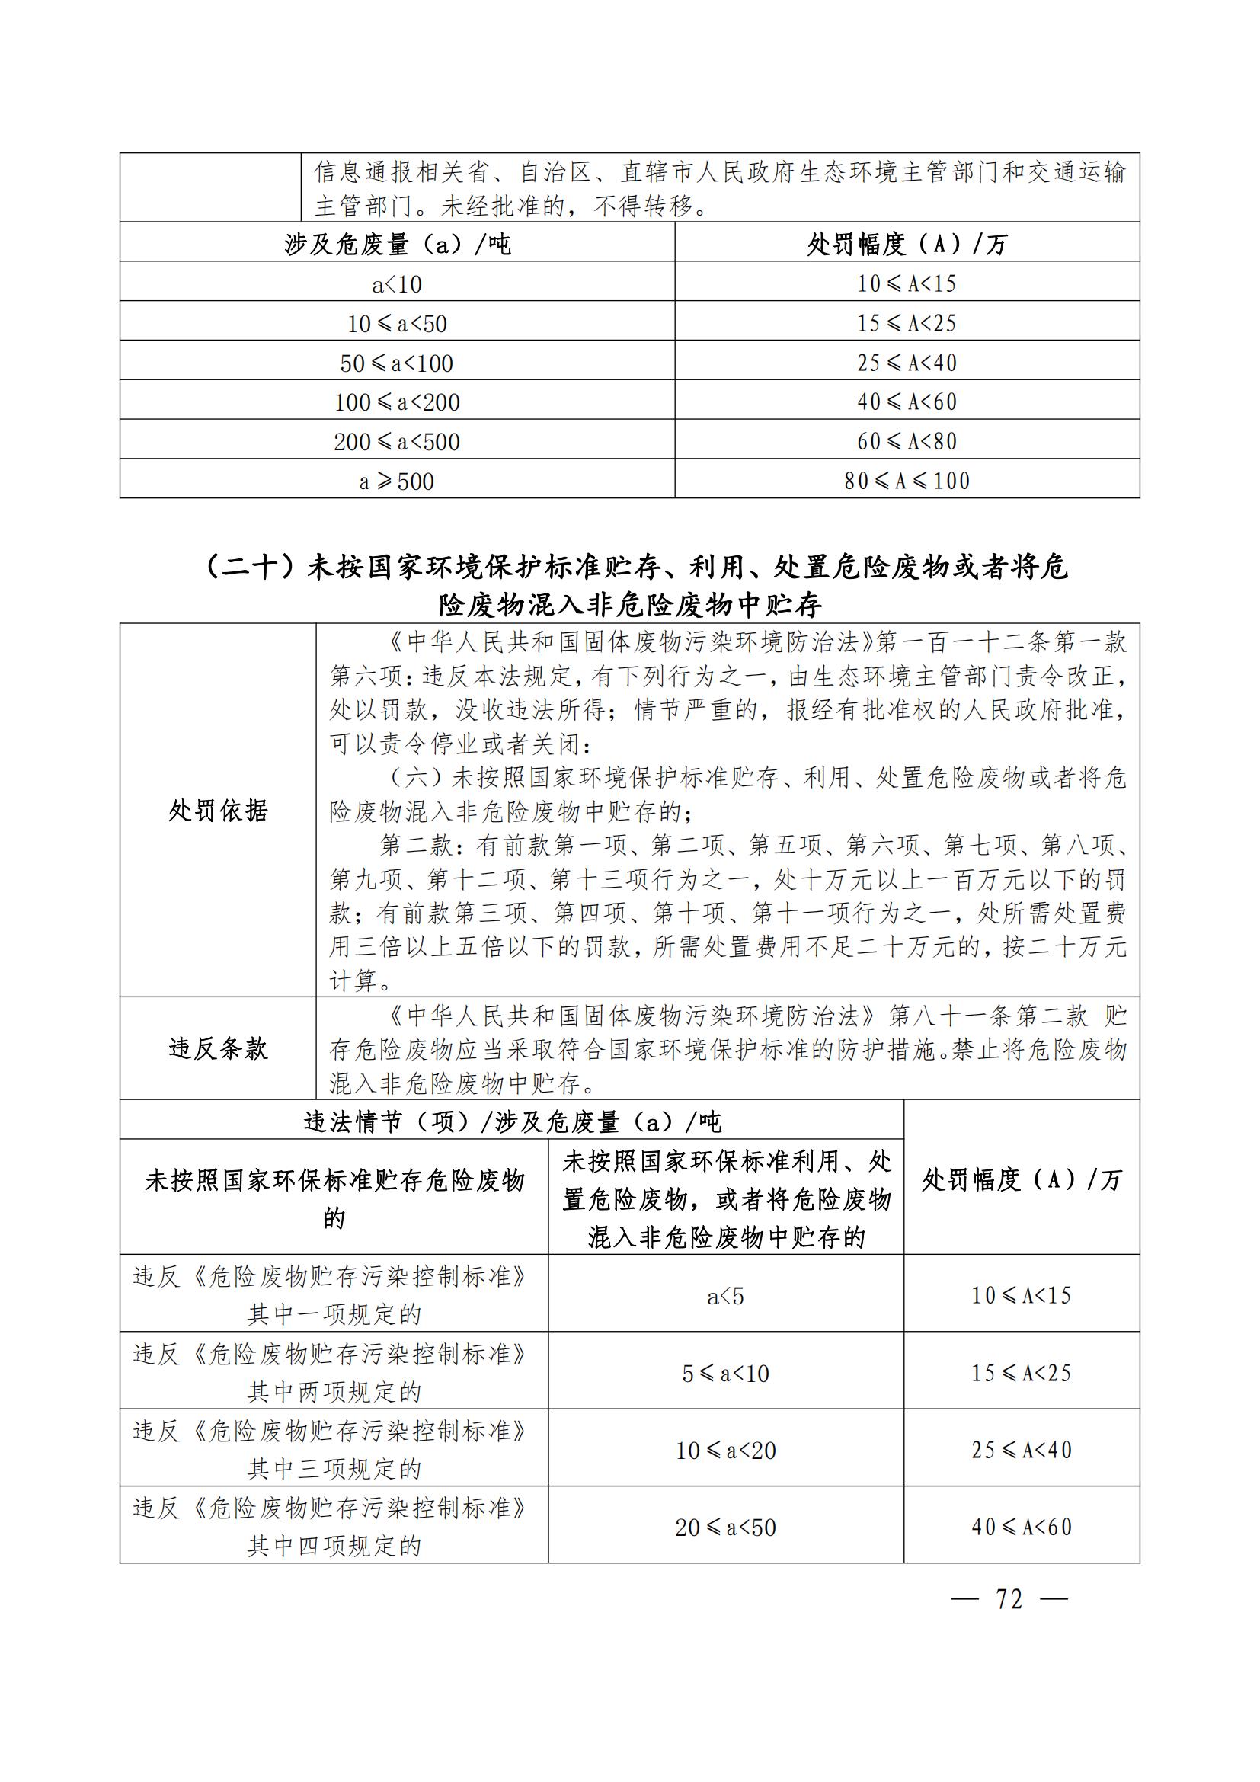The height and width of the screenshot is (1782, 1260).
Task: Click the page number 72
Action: [1009, 1600]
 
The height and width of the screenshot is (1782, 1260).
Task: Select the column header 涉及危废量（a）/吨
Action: [397, 245]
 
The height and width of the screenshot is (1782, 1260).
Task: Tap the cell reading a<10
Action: [397, 284]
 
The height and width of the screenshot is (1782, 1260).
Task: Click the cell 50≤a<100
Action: [397, 363]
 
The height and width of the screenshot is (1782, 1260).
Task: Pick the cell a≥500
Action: [397, 481]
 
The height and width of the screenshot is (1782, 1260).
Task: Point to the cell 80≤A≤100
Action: [907, 481]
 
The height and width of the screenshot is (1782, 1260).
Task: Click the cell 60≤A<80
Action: [907, 442]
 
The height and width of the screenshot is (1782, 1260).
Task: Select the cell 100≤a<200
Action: [397, 402]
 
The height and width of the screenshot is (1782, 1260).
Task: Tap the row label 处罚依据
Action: [218, 811]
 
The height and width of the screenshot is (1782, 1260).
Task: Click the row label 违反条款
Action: [218, 1048]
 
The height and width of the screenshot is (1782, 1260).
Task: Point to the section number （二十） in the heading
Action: [251, 567]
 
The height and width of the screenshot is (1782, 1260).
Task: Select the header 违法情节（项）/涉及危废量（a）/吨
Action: [512, 1121]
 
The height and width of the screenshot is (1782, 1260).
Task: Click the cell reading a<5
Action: [725, 1296]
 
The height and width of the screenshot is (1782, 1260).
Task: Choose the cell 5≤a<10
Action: [725, 1374]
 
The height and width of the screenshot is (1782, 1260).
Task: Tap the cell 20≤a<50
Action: [725, 1528]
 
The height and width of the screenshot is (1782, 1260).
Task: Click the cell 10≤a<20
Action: [725, 1451]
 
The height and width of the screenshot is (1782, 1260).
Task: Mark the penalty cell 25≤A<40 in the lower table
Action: [1021, 1450]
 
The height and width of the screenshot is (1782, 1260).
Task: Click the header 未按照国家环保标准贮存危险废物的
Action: [334, 1199]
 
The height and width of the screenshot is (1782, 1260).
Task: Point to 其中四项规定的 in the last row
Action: [334, 1546]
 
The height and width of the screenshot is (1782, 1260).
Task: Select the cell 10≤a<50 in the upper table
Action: [397, 324]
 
